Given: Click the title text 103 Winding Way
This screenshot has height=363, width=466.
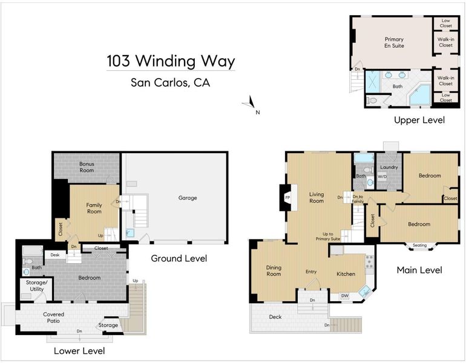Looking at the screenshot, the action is point(171,61).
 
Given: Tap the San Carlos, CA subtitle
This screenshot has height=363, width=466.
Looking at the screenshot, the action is point(170,82).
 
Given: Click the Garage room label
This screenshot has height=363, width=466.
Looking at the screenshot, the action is point(188,198).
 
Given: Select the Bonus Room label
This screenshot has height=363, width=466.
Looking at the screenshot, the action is point(87,167).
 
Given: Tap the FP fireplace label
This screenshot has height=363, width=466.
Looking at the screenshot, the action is point(287,198).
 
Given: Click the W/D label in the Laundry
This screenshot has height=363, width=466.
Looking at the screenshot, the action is point(382,177).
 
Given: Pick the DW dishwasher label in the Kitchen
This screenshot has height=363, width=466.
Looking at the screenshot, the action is point(344,296).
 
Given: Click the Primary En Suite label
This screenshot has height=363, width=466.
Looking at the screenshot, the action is point(394,42).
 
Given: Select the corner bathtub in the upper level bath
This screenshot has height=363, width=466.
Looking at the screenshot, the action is point(419,94).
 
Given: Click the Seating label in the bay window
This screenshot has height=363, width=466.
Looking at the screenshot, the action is point(419,245).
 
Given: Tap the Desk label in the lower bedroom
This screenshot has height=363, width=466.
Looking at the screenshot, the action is point(55,255).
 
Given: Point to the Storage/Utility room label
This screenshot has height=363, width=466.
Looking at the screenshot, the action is point(36,286).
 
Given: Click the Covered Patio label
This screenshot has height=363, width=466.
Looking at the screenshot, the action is point(53,318).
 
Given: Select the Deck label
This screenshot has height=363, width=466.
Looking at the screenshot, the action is point(275,317).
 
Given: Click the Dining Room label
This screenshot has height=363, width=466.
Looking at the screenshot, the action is point(274,271).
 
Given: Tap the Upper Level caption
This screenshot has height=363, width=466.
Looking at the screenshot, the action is point(419,120).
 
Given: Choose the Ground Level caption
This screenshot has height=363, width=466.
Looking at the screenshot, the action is point(179,258).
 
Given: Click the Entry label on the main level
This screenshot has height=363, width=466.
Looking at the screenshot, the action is point(311,272).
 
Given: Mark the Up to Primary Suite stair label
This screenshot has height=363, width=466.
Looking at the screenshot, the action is point(328,236).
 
